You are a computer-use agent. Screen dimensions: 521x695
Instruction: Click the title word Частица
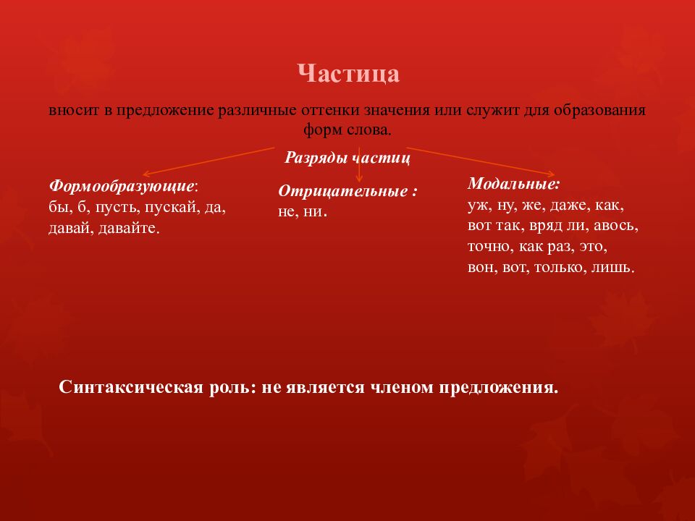point(348,74)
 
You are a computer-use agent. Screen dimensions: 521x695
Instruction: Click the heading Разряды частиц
point(347,157)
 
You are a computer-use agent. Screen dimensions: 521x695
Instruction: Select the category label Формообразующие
point(122,186)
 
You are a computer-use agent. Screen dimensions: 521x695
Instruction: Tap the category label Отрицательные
point(347,192)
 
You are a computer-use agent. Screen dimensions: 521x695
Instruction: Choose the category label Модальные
point(513,184)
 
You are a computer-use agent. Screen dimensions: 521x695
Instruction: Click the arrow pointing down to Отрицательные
point(360,172)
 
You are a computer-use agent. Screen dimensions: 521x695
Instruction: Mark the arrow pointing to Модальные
point(481,161)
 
